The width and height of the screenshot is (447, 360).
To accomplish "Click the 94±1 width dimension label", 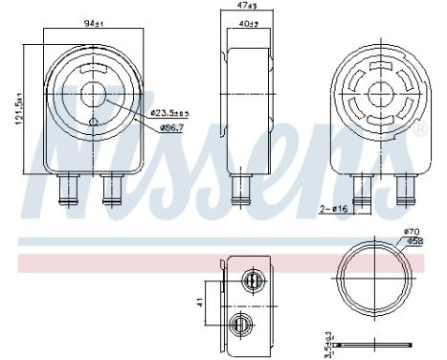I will pos(92,22).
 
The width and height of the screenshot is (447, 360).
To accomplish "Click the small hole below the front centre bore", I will pos(94,121).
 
